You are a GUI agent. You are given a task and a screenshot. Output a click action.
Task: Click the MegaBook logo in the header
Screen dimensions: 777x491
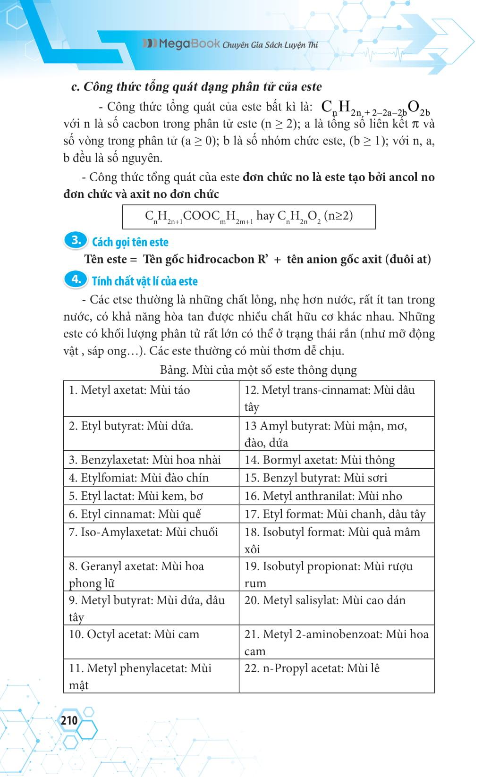pyautogui.click(x=182, y=44)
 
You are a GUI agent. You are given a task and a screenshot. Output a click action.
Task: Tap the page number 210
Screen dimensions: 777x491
pyautogui.click(x=69, y=720)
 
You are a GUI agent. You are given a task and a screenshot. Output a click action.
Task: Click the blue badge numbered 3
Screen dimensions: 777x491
pyautogui.click(x=76, y=241)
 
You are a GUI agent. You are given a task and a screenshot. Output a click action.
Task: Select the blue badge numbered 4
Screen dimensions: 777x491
pyautogui.click(x=76, y=279)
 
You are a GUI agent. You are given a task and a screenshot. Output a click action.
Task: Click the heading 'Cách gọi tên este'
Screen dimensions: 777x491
pyautogui.click(x=130, y=242)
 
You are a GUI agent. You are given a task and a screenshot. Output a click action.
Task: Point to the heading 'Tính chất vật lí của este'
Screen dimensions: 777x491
pyautogui.click(x=144, y=281)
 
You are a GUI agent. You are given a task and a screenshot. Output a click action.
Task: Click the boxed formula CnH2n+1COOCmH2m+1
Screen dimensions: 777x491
pyautogui.click(x=249, y=217)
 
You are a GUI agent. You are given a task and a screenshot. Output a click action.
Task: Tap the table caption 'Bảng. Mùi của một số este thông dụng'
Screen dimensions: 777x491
pyautogui.click(x=258, y=370)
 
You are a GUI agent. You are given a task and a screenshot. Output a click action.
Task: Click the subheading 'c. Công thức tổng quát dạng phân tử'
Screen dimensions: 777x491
pyautogui.click(x=196, y=87)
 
